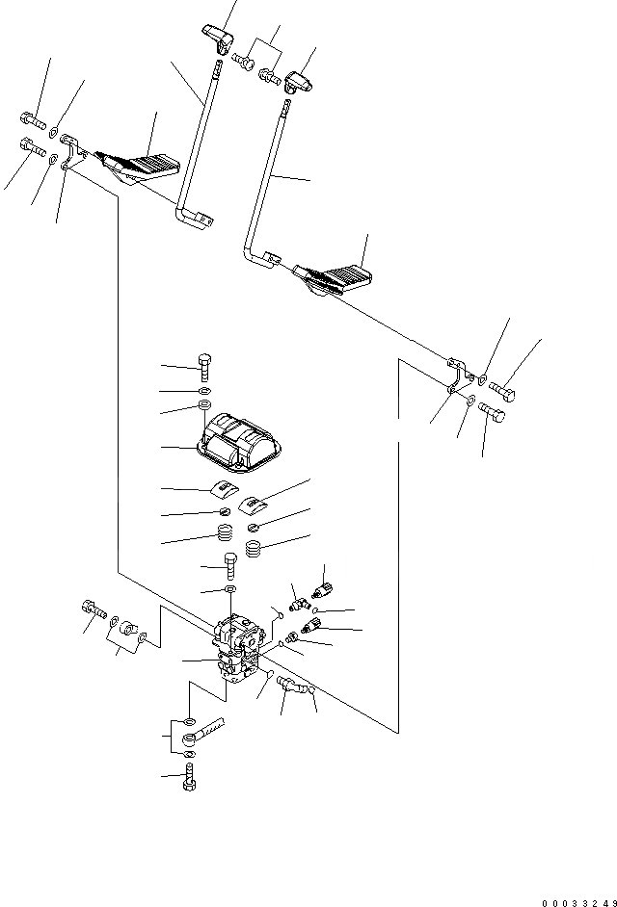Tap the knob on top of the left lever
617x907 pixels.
pos(220,41)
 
